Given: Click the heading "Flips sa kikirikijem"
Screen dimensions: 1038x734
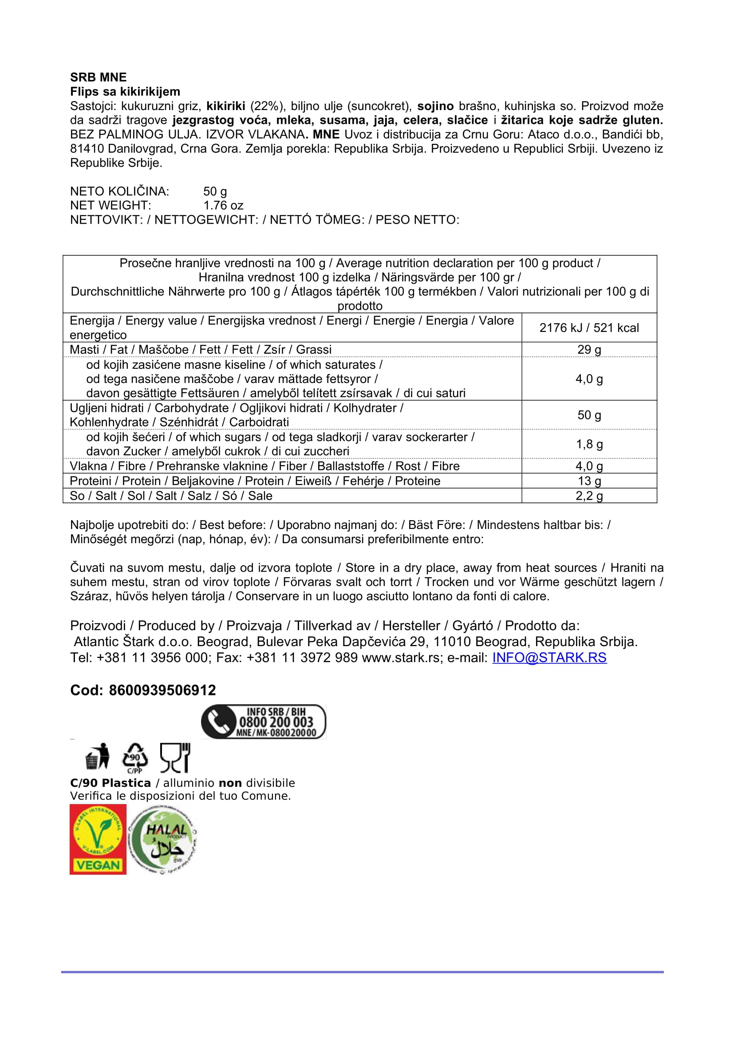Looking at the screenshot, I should [125, 92].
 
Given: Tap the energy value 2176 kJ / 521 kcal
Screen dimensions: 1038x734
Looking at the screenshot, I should [588, 328].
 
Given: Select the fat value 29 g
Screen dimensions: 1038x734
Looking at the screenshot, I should [588, 349].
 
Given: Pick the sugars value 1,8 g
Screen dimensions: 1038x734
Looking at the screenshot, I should [588, 444].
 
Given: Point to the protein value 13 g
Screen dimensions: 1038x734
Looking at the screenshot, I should [588, 481].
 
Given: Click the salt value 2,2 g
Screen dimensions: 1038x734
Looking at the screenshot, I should [588, 496].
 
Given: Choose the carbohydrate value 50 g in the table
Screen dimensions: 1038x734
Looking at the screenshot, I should [588, 415].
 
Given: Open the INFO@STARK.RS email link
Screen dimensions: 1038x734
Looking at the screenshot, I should [549, 658].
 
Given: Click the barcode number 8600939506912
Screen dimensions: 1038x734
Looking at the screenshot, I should [162, 691].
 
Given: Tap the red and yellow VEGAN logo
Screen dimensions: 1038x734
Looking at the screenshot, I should [98, 839].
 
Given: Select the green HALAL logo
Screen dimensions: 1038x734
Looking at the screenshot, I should [163, 840].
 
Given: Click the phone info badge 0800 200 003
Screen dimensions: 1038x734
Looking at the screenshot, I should [264, 722].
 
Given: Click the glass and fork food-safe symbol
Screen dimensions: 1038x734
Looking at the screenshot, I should [175, 757].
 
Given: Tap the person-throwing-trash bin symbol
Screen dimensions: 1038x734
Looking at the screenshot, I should [98, 756].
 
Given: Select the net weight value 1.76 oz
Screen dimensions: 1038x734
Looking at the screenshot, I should [223, 206].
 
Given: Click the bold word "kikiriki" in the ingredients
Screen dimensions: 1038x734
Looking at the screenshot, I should [225, 106].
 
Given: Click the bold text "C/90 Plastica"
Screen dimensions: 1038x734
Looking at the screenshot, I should [110, 783].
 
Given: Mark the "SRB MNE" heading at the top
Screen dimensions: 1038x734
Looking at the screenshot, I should [98, 77].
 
